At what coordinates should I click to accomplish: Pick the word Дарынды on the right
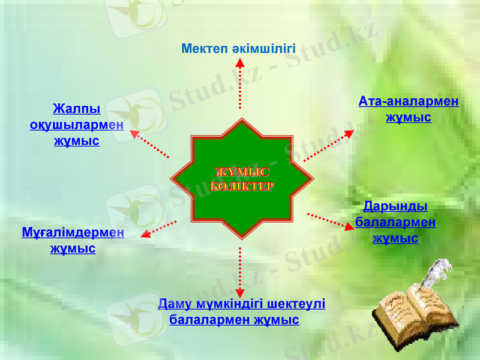[395, 206]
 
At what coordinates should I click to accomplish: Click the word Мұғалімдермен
[73, 232]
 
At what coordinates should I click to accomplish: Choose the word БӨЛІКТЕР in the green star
[242, 186]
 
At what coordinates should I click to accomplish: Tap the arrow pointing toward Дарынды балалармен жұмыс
[331, 221]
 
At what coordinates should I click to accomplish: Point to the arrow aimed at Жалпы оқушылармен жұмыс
[149, 143]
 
